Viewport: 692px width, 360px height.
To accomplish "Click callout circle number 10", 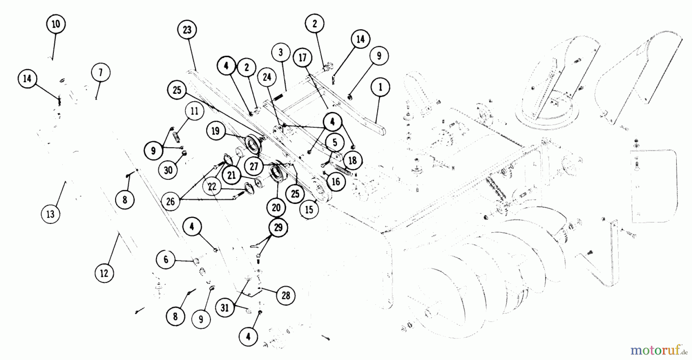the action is [x=56, y=24].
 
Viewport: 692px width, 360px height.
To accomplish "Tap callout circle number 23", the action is [x=187, y=30].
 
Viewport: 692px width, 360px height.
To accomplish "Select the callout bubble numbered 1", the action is [x=380, y=87].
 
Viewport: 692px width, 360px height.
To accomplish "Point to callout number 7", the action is [x=101, y=73].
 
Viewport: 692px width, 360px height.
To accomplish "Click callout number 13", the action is [x=50, y=214].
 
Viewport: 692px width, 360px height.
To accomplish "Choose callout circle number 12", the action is [x=104, y=273].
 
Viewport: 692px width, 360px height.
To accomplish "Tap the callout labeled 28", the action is [x=286, y=295].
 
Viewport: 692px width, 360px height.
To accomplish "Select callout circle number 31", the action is [x=225, y=308].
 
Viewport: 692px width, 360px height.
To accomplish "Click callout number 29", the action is [x=278, y=228].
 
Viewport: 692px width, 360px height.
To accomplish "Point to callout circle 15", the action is [x=309, y=210].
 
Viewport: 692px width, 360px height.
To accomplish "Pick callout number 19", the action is [x=215, y=131].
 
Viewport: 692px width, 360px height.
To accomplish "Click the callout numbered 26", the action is [x=170, y=201].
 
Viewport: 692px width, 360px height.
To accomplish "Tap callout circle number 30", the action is [x=168, y=170].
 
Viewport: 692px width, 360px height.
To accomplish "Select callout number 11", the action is [x=195, y=111].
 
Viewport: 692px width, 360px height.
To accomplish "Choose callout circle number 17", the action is [x=303, y=58].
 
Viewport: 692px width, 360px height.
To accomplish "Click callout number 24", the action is [x=267, y=77].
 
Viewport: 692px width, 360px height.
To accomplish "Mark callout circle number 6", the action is [x=166, y=260].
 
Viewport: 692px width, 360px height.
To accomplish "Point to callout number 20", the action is [x=276, y=208].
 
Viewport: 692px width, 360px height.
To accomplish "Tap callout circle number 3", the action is [x=281, y=52].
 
